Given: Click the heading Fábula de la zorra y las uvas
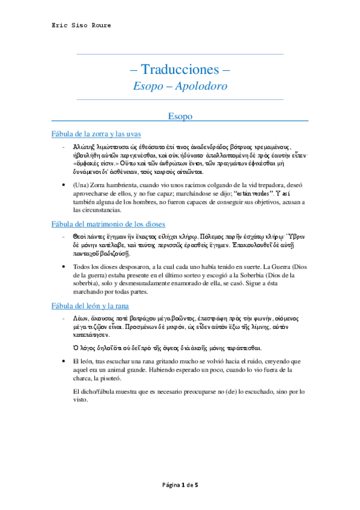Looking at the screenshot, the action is tap(97, 134).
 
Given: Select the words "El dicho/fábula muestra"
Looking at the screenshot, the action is tap(106, 391).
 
